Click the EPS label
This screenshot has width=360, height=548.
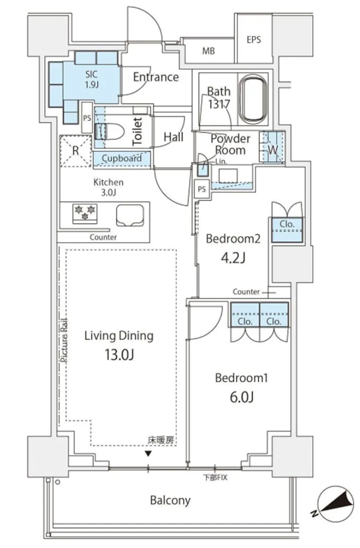[254, 40]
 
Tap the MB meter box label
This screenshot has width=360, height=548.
[208, 51]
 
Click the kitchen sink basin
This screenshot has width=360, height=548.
[130, 215]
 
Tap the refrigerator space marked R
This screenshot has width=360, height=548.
[76, 151]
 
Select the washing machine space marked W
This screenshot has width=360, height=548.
[272, 147]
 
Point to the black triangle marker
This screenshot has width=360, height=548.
[149, 454]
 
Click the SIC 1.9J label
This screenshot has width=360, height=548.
[91, 79]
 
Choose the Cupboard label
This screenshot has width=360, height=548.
[122, 159]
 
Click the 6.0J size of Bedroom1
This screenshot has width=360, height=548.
[242, 397]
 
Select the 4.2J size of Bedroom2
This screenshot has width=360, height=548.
[233, 258]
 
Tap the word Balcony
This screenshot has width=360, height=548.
[170, 501]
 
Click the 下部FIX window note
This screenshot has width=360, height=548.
[215, 478]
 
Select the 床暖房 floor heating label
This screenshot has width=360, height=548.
[161, 440]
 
